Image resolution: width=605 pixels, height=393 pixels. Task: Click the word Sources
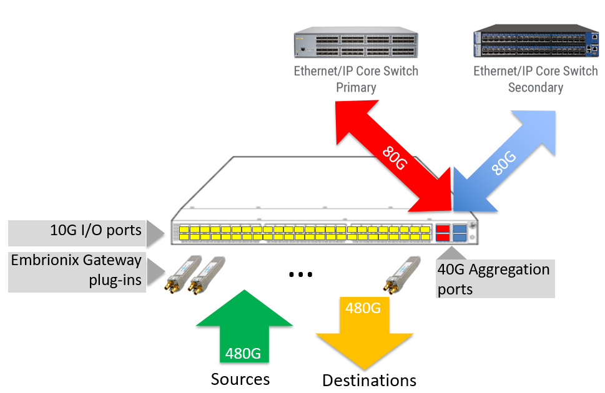[x=240, y=379]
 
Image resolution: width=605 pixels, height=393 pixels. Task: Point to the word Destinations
[x=369, y=381]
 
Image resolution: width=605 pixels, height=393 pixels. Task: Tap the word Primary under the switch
[x=356, y=87]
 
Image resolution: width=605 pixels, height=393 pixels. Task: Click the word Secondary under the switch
[x=535, y=87]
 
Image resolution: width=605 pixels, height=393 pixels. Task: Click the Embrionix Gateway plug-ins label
[x=76, y=270]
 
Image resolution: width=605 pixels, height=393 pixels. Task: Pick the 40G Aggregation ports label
[x=493, y=279]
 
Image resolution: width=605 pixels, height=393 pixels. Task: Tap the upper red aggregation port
[x=443, y=229]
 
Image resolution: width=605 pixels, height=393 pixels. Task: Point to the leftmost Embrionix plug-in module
[x=180, y=274]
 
